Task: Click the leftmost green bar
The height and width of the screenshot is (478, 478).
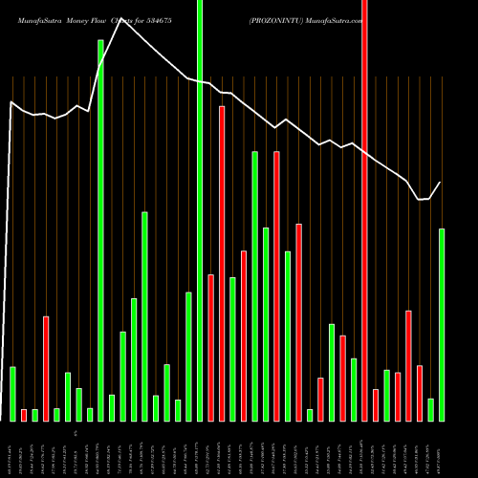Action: point(12,393)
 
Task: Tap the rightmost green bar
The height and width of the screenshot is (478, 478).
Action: point(442,324)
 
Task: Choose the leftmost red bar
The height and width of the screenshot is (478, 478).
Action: point(24,415)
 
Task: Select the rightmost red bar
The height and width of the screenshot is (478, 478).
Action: point(420,393)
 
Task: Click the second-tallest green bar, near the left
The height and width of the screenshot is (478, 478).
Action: point(100,229)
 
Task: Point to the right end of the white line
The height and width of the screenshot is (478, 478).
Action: point(441,183)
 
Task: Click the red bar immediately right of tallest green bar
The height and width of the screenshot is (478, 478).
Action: point(210,347)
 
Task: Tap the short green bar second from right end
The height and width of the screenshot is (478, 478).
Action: point(430,409)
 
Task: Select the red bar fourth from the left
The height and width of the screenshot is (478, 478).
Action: point(222,263)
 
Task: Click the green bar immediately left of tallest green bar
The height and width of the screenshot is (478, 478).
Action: point(188,356)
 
